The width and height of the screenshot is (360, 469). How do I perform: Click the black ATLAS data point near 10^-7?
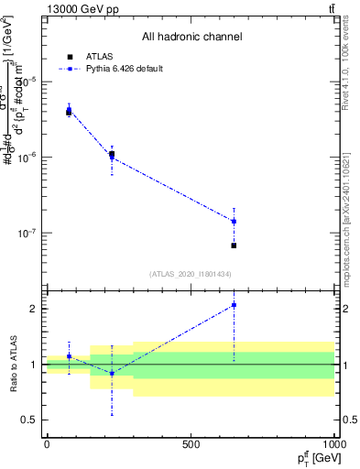pos(234,245)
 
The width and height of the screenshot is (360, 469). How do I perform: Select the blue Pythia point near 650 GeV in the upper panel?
pos(234,221)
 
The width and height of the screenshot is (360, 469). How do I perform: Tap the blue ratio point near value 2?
pos(234,305)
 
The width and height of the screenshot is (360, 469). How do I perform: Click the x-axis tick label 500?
pos(191,444)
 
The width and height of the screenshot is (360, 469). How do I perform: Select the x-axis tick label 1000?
pos(333,444)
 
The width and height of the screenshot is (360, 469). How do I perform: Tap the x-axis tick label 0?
pos(47,444)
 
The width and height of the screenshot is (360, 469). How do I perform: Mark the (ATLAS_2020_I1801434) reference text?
pos(191,274)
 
